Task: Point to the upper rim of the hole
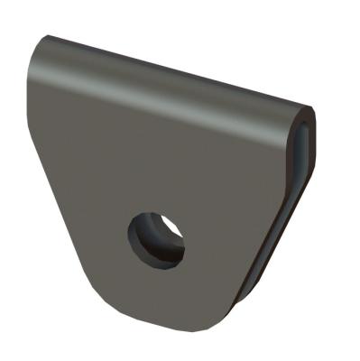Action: [x=155, y=215]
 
